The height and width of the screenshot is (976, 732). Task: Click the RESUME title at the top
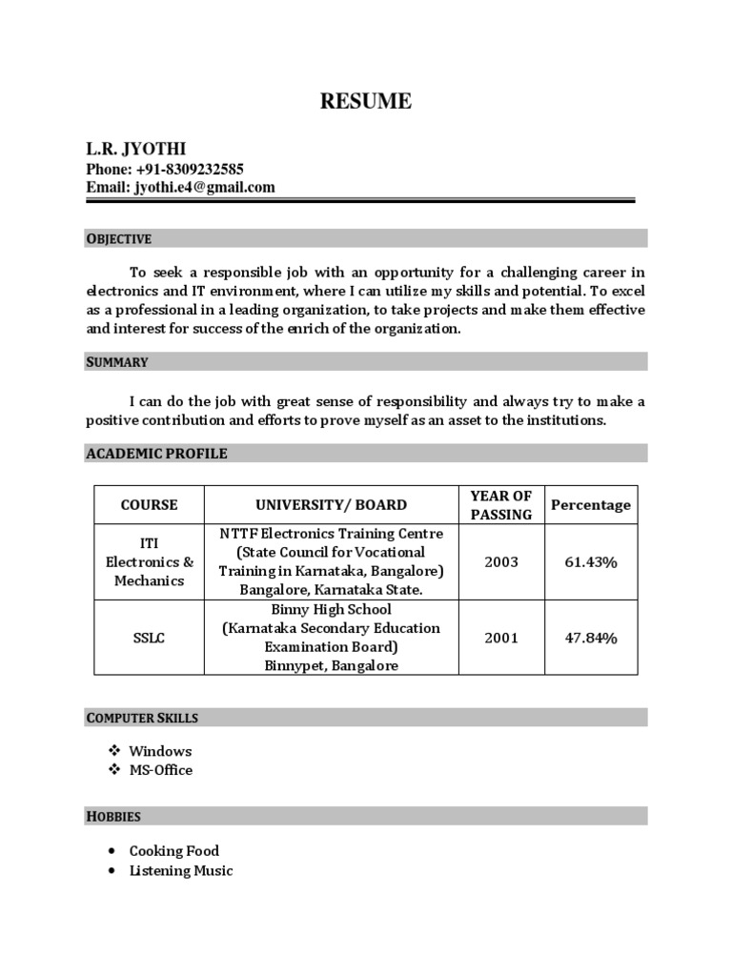click(366, 101)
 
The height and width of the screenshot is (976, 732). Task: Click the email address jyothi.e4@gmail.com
click(204, 187)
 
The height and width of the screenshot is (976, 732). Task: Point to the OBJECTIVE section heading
click(119, 238)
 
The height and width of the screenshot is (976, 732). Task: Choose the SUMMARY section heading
click(117, 361)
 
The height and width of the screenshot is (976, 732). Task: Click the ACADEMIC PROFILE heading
click(156, 454)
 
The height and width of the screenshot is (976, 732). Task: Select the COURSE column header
click(149, 504)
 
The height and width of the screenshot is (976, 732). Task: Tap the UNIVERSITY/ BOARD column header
click(331, 504)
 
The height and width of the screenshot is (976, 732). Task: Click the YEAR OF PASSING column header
click(501, 504)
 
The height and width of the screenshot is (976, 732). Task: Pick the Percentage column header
click(591, 504)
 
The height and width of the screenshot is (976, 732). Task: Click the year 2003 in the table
click(501, 561)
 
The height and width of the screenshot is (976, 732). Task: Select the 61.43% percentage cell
click(591, 561)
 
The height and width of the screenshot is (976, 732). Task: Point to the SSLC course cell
click(149, 637)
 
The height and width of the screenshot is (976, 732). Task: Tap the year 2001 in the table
click(501, 637)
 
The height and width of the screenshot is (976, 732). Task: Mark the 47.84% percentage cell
click(591, 637)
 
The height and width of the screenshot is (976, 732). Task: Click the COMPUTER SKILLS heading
click(142, 717)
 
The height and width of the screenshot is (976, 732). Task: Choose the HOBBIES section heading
click(113, 816)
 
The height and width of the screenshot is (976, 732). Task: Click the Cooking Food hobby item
click(173, 850)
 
